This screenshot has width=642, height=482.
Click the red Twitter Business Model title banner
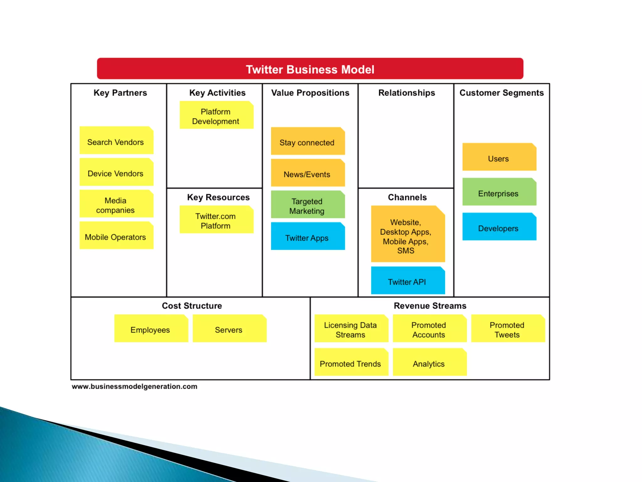coord(310,69)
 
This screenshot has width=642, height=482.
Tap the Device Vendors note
coord(116,172)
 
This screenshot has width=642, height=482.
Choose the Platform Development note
coord(216,115)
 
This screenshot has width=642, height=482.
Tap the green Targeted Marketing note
coord(308,205)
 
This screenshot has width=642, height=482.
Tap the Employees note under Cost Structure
coord(151,329)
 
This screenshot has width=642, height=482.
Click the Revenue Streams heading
coord(430,306)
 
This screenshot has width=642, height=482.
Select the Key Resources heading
coord(218,197)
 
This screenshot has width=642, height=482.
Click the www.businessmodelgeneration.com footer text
coord(134,387)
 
